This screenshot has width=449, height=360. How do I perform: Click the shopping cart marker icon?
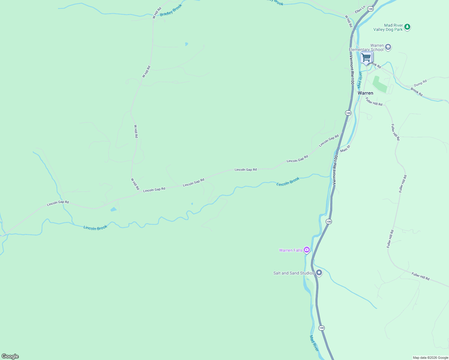(366, 57)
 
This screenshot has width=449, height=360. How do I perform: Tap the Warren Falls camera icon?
(306, 250)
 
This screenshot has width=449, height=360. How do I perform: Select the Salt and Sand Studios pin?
(319, 273)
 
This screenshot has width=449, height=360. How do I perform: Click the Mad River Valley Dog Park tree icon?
(407, 27)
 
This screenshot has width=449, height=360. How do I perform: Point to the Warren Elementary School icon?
(388, 47)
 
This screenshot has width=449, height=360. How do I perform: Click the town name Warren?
(365, 93)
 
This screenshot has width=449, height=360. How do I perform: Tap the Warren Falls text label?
(291, 250)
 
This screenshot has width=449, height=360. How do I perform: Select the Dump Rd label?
(420, 83)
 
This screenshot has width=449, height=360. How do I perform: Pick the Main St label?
(345, 148)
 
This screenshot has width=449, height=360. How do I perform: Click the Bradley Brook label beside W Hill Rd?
(171, 10)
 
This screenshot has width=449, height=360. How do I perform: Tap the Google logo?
(10, 356)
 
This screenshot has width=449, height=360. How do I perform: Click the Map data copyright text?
(430, 358)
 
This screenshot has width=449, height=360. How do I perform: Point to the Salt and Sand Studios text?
(294, 273)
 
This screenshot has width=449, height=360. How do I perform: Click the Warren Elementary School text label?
(366, 47)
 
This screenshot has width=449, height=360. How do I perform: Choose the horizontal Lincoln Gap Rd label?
(246, 169)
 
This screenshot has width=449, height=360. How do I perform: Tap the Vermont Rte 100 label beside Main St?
(335, 169)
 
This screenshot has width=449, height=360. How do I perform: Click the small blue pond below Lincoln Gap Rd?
(113, 209)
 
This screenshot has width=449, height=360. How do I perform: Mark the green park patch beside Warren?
(379, 84)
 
